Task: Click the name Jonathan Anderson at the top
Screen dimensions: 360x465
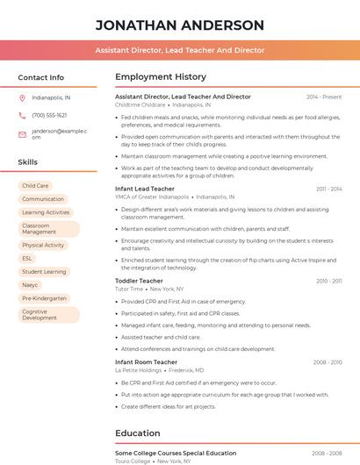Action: click(x=179, y=25)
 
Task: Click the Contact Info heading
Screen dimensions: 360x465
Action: click(x=40, y=77)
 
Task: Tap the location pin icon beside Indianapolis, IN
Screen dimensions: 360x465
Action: click(x=22, y=97)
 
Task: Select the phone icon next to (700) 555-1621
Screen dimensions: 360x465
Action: click(x=22, y=115)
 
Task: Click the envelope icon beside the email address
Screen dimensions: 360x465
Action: click(x=22, y=133)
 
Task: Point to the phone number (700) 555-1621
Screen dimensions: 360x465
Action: click(x=49, y=115)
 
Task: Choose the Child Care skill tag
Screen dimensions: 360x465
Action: click(x=35, y=186)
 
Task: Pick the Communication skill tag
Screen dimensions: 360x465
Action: click(x=43, y=199)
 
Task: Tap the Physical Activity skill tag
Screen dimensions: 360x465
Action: click(x=43, y=245)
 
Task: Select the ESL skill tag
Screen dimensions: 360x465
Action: click(x=27, y=258)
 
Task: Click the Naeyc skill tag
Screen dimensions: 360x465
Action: click(x=30, y=285)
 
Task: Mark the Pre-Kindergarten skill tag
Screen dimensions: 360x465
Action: click(x=44, y=298)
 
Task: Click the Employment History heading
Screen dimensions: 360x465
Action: click(x=155, y=77)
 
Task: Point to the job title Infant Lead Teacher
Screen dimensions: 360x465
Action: click(x=145, y=189)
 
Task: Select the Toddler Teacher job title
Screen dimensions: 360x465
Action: click(x=139, y=281)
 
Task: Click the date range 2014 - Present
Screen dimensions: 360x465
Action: click(x=324, y=97)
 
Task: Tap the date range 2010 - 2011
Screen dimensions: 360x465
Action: click(x=328, y=281)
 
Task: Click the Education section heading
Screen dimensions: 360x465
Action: click(x=137, y=433)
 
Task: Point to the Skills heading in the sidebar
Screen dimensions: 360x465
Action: click(x=28, y=162)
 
